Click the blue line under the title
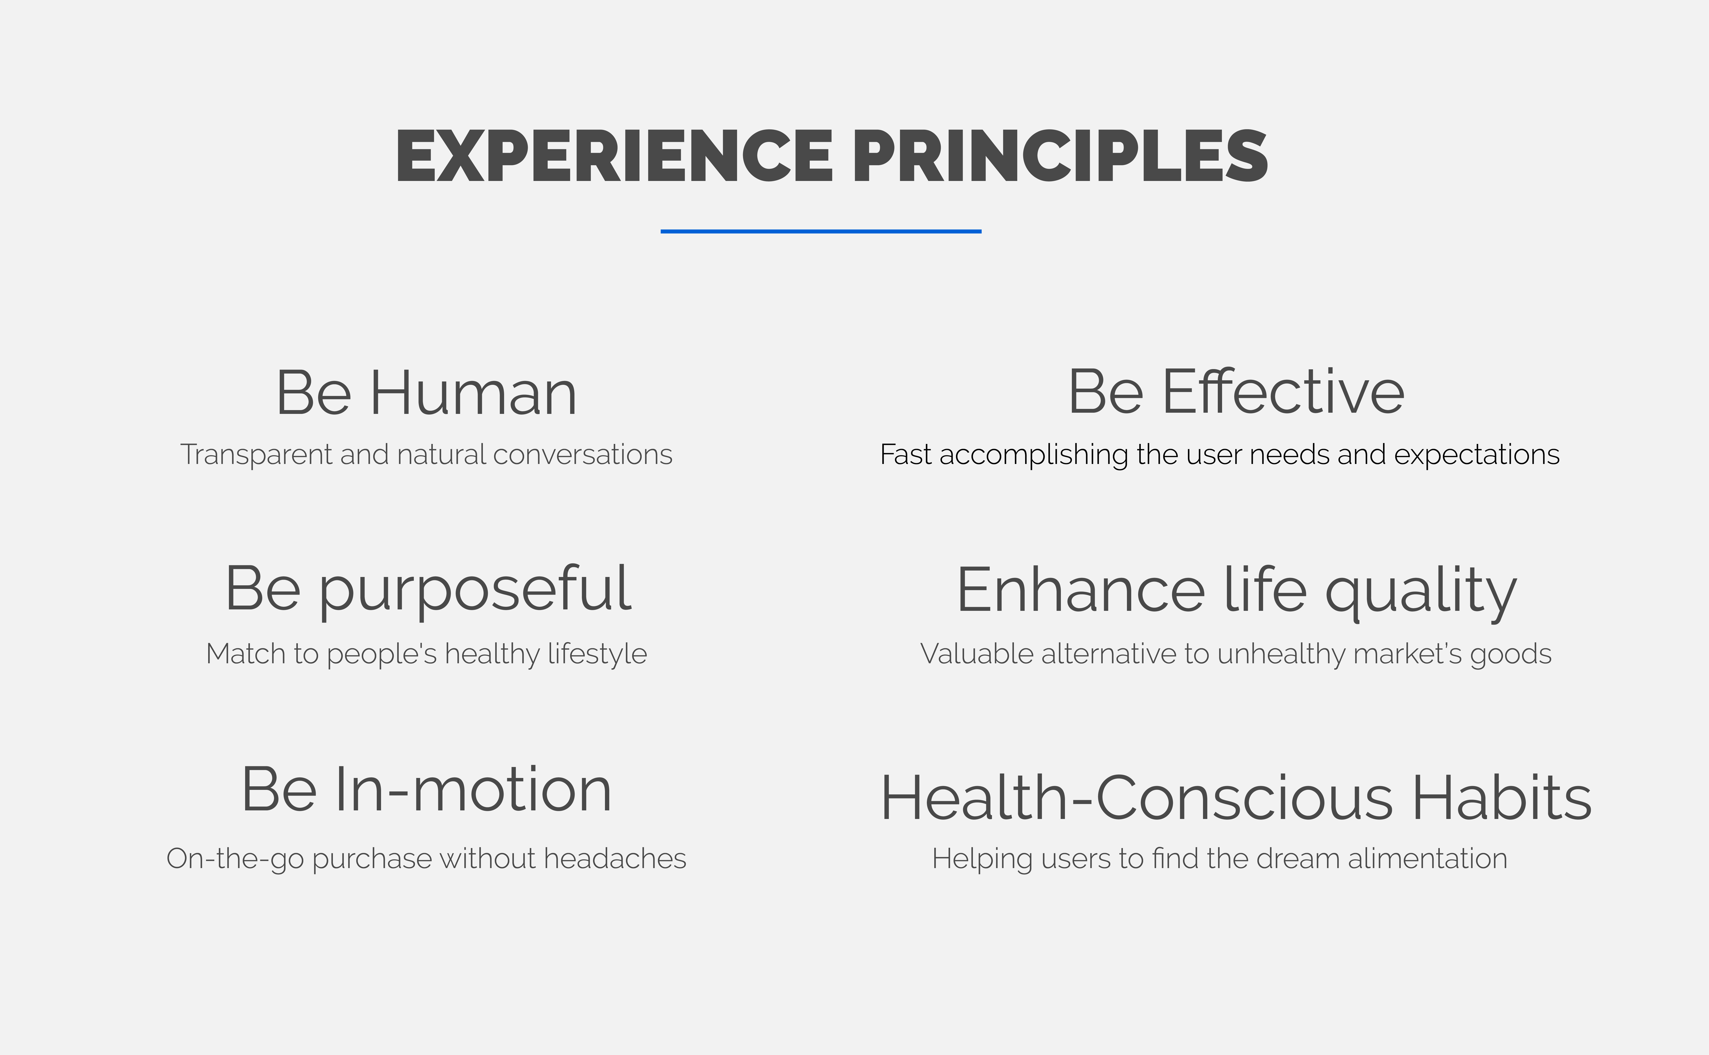(x=821, y=231)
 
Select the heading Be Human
(x=426, y=393)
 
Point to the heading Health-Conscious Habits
(x=1236, y=798)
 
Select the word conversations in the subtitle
(x=583, y=455)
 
